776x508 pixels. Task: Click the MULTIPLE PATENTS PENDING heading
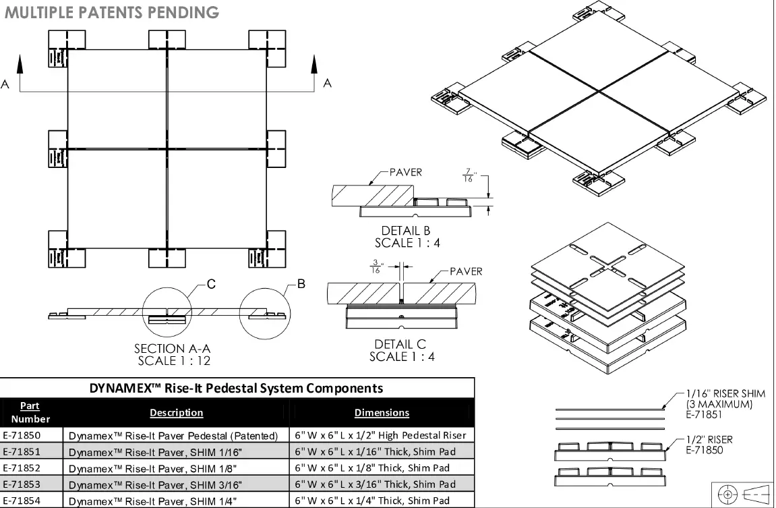pos(111,12)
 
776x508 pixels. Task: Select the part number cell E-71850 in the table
pos(22,436)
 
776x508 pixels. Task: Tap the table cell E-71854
pos(22,501)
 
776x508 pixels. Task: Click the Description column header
pos(176,412)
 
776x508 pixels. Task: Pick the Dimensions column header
pos(382,412)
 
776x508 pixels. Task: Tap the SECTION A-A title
pos(173,349)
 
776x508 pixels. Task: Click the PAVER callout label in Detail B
pos(405,172)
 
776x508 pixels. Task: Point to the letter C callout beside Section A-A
pos(210,285)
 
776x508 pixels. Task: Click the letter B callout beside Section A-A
pos(301,284)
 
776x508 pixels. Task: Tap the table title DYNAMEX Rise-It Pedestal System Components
pos(236,388)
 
